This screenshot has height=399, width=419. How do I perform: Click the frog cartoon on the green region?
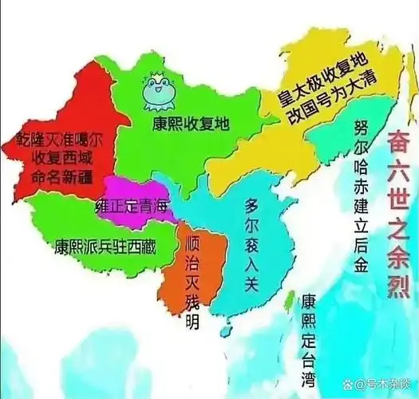click(156, 93)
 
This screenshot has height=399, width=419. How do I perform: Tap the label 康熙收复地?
click(192, 124)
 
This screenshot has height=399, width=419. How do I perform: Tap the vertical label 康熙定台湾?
click(307, 340)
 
